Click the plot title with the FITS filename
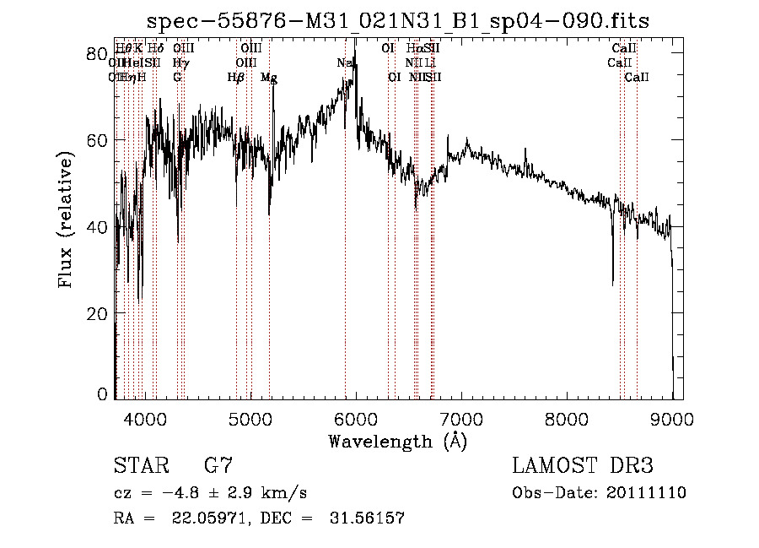point(397,20)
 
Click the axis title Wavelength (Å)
point(396,441)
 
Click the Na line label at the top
point(345,63)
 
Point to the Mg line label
point(269,78)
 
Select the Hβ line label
point(236,78)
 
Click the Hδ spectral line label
point(156,49)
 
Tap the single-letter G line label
point(177,78)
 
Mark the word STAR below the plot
point(139,466)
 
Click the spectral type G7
point(218,466)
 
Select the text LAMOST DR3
point(582,466)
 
